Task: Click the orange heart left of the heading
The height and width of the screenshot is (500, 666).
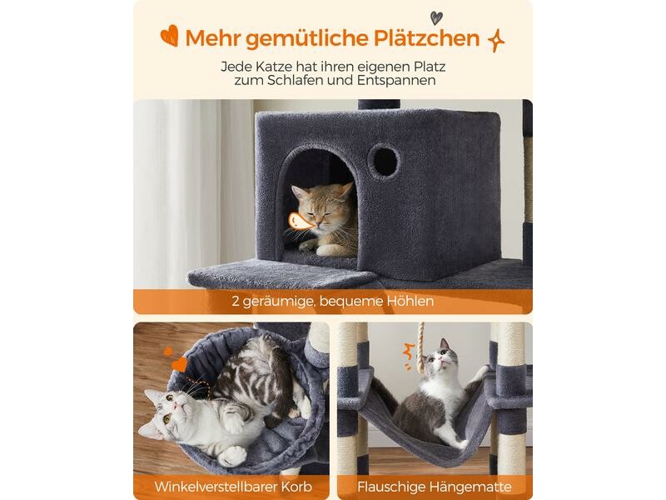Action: pos(170,35)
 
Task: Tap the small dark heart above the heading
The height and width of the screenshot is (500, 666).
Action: pos(436,17)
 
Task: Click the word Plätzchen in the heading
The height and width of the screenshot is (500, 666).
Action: pos(426,38)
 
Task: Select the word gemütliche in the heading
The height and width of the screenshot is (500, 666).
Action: pos(306,39)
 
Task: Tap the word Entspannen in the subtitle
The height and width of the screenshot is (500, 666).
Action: pos(396,81)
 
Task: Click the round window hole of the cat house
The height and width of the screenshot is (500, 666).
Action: pos(384,161)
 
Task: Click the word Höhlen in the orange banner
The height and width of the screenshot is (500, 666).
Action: pos(410,301)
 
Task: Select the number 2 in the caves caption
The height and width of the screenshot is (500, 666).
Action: pos(236,302)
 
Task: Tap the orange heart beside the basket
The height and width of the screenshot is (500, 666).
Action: pos(180,364)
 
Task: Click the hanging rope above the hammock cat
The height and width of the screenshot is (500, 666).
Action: pos(421,347)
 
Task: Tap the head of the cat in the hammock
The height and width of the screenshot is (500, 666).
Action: pos(439,360)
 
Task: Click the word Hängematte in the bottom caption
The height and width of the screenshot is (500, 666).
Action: pos(470,487)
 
